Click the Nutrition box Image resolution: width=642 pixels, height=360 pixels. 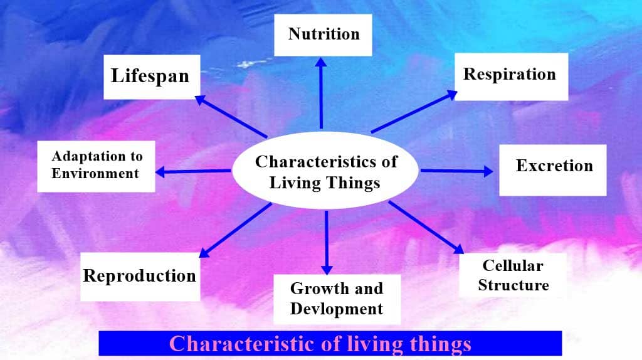[x=324, y=34]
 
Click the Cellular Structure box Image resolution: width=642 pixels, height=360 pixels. [x=513, y=275]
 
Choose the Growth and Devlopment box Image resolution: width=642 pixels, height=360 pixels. [x=337, y=299]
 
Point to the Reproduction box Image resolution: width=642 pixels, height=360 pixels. [x=140, y=276]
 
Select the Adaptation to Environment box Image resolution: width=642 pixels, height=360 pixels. [x=96, y=165]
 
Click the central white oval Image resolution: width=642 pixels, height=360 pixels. [x=325, y=171]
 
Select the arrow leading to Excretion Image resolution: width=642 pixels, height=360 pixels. [x=456, y=171]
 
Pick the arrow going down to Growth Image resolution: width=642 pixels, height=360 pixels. [x=326, y=241]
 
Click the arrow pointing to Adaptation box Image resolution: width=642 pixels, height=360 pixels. [x=193, y=171]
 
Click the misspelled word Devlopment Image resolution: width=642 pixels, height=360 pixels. [x=337, y=309]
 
